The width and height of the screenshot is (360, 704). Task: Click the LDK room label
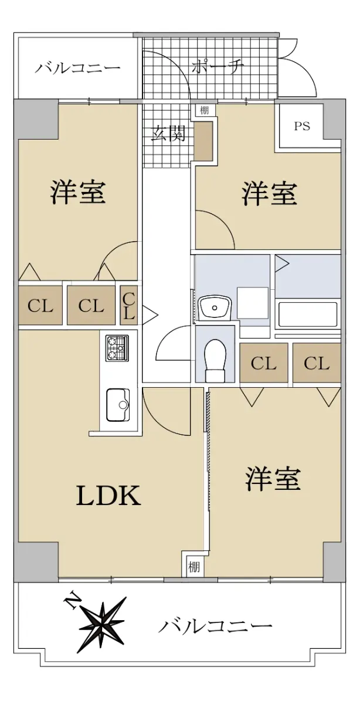click(x=108, y=496)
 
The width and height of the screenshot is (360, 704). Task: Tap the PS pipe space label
click(x=302, y=126)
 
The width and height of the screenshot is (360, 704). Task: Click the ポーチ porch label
click(x=218, y=67)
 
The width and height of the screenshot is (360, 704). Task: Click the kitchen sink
click(x=118, y=405)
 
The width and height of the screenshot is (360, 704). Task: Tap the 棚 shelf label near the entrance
click(x=204, y=110)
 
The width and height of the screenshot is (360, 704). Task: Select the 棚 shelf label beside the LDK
click(x=194, y=567)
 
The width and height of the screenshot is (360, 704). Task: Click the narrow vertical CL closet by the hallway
click(x=129, y=305)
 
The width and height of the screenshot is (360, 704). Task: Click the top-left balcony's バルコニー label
click(x=77, y=69)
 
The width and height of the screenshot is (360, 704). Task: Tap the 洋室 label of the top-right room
click(x=270, y=194)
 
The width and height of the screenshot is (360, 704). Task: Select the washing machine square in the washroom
click(x=253, y=303)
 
